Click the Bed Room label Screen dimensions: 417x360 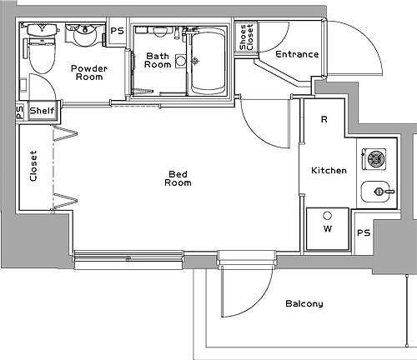(x=178, y=178)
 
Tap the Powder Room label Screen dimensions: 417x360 (x=89, y=72)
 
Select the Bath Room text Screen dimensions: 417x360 (x=158, y=60)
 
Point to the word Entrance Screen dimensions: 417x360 (x=297, y=54)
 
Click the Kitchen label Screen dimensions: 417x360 (x=329, y=170)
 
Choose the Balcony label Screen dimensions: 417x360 (x=304, y=303)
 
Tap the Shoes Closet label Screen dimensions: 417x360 (x=246, y=37)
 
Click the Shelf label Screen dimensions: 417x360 (x=43, y=111)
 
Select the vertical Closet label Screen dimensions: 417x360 (x=33, y=166)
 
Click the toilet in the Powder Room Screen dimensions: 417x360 (x=43, y=48)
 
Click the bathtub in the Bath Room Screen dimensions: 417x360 (x=208, y=63)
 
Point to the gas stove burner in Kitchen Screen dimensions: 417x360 (x=375, y=159)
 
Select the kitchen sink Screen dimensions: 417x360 (x=378, y=192)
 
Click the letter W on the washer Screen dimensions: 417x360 (x=328, y=228)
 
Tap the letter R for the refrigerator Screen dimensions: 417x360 (x=324, y=119)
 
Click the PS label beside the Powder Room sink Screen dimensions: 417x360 (x=117, y=31)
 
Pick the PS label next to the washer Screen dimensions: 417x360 (x=364, y=232)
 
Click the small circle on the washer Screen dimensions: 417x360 (x=328, y=215)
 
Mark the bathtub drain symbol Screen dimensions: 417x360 (x=196, y=60)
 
